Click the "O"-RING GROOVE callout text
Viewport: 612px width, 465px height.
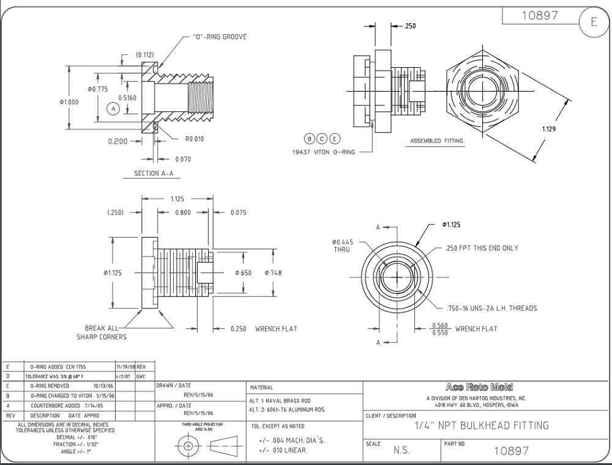click(220, 37)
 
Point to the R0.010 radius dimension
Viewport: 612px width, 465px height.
click(194, 139)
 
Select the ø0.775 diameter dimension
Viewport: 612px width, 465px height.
click(97, 89)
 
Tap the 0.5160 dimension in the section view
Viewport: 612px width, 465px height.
click(127, 97)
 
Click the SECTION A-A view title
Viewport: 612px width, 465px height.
click(153, 174)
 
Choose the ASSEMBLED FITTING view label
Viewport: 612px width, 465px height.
click(436, 141)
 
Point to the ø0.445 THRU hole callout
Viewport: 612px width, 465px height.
click(343, 246)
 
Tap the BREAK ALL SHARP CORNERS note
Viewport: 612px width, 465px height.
click(102, 332)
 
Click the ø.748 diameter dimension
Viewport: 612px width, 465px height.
click(274, 273)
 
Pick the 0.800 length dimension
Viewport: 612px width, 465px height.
click(182, 213)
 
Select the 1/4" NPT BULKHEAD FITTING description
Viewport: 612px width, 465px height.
click(482, 425)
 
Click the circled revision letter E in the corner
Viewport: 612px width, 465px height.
click(593, 22)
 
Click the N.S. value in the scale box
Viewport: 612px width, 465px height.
click(402, 451)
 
